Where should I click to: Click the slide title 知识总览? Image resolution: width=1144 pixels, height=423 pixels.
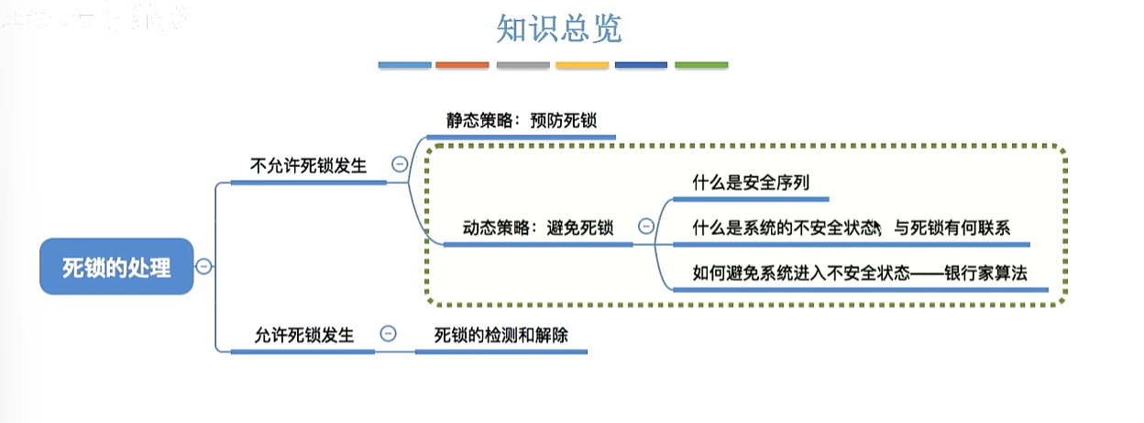tap(559, 29)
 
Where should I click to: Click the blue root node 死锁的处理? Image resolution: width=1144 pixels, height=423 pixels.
tap(116, 267)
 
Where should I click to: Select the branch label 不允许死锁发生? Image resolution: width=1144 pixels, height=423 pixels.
tap(308, 166)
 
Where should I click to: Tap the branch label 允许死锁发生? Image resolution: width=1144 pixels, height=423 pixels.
tap(304, 335)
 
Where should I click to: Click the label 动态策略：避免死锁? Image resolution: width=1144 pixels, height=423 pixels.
tap(537, 228)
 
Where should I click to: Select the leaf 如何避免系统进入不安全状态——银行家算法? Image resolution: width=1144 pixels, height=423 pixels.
tap(860, 273)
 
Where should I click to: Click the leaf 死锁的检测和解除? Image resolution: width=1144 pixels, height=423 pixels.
tap(501, 335)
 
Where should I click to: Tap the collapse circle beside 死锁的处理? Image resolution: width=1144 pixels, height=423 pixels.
tap(203, 267)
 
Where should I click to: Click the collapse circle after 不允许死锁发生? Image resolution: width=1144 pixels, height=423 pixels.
tap(400, 165)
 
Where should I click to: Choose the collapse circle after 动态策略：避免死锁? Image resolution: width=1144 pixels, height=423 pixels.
tap(645, 227)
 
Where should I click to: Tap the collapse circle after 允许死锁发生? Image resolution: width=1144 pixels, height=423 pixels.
tap(388, 334)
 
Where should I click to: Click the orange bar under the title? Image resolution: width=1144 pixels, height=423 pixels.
tap(462, 65)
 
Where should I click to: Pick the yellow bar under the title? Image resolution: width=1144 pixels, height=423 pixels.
tap(582, 65)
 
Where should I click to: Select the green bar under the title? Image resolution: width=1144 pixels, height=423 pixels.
tap(701, 65)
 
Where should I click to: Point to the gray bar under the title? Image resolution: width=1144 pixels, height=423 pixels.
tap(522, 65)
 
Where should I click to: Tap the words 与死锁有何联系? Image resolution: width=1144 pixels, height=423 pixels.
tap(951, 228)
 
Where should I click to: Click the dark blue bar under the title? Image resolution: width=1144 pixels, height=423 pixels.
tap(641, 65)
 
